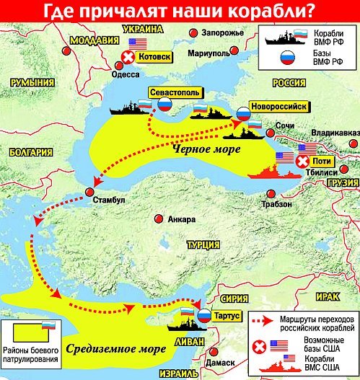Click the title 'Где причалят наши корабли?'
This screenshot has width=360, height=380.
(x=180, y=11)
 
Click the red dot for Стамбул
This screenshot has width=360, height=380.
(x=89, y=192)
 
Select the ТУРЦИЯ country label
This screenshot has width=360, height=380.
(x=204, y=246)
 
